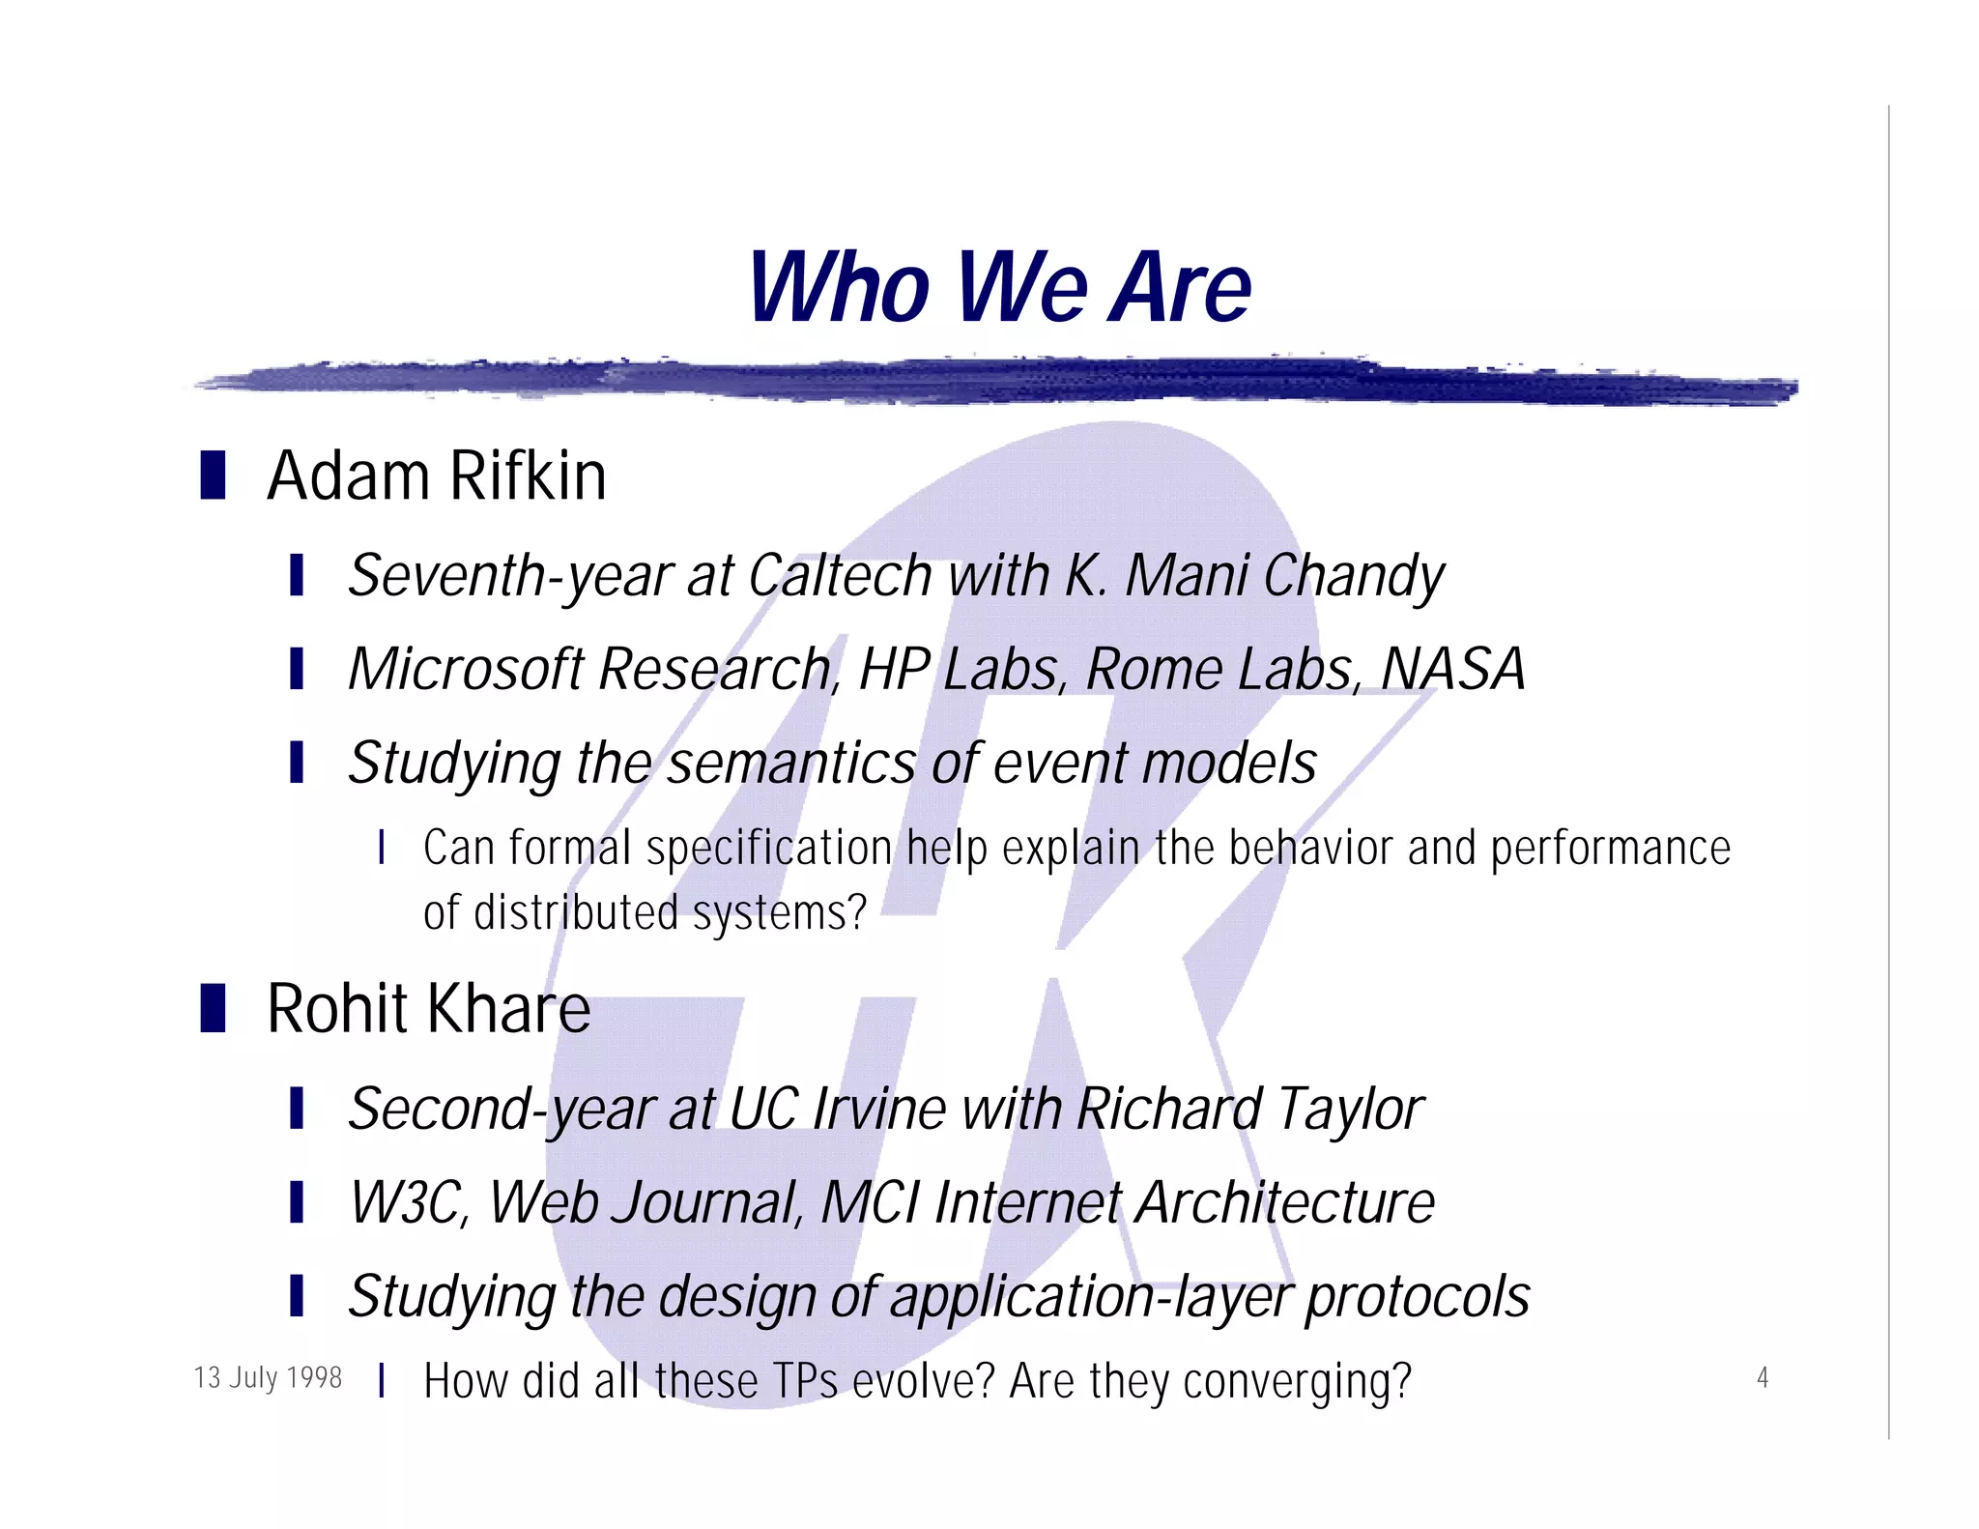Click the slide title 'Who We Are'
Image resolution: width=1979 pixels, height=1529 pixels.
999,287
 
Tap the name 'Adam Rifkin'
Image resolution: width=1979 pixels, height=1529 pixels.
437,476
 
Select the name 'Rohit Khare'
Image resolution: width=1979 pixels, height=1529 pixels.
428,1009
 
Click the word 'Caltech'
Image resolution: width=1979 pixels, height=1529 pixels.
840,576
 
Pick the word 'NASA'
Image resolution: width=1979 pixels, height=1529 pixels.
1452,669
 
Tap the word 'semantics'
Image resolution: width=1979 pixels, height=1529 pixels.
790,764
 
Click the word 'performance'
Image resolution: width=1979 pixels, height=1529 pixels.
1610,850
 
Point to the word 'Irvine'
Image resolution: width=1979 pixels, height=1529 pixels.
878,1109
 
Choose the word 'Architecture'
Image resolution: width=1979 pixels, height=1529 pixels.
1284,1203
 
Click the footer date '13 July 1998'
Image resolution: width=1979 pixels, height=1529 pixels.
268,1377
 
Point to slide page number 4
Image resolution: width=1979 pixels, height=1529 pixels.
1762,1377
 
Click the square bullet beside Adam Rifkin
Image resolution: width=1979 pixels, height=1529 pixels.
213,476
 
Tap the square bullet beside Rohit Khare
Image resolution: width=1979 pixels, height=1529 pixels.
213,1008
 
